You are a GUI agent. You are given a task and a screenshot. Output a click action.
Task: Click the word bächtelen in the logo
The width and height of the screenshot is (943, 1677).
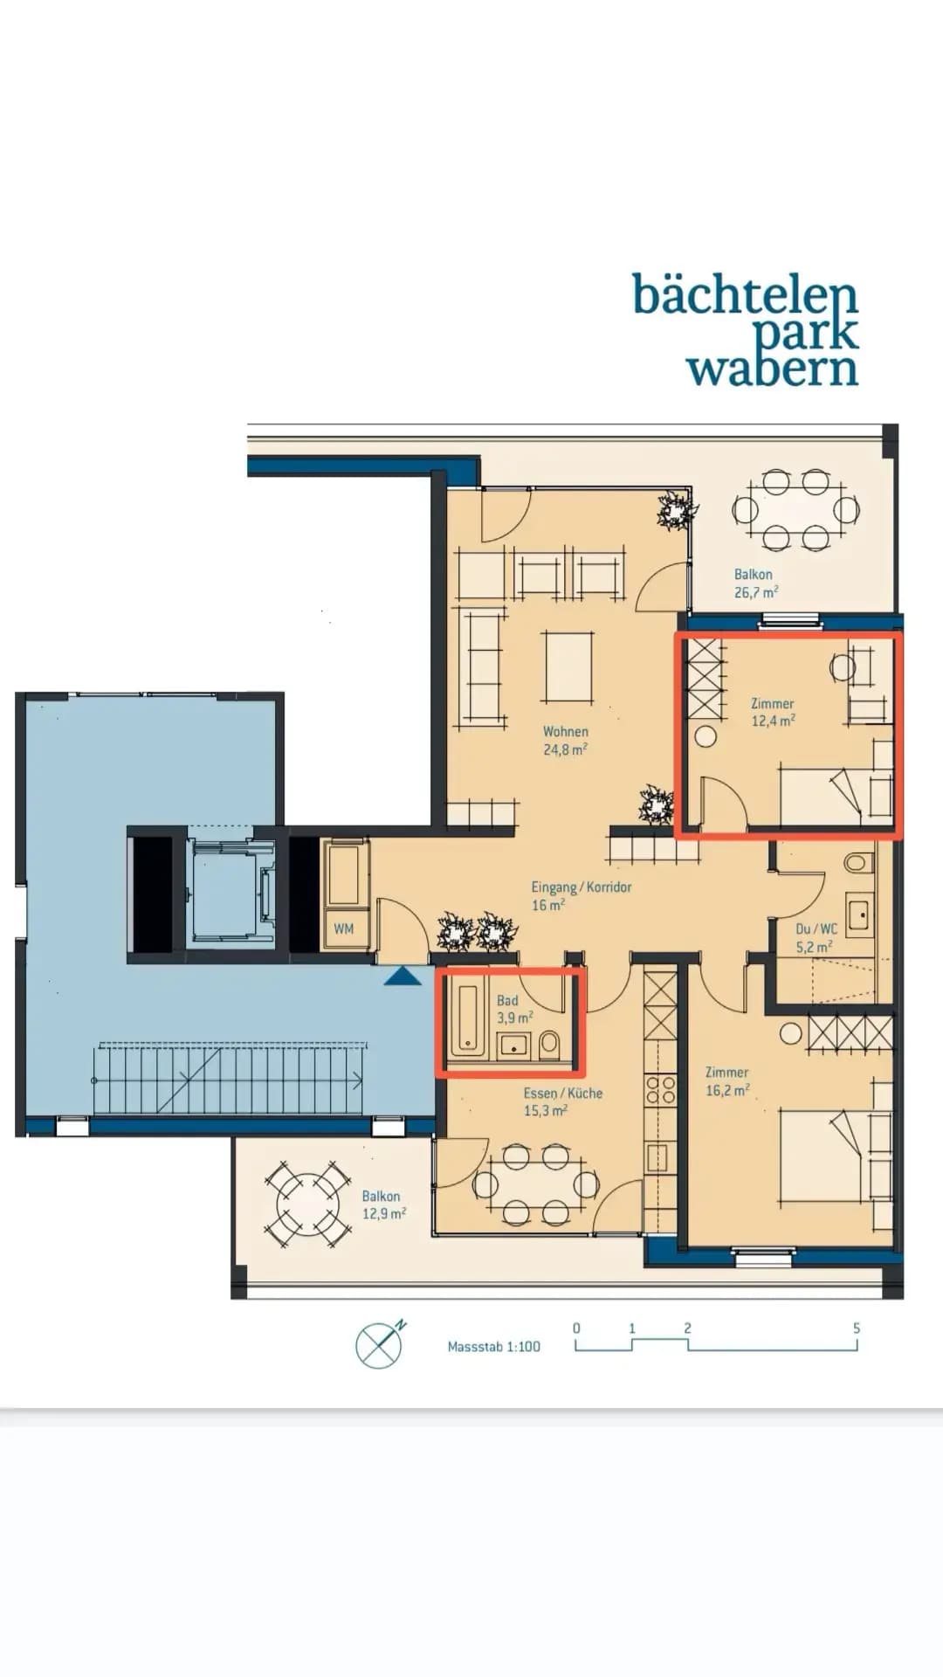(x=745, y=295)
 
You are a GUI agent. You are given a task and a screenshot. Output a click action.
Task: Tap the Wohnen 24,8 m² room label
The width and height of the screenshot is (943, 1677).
(x=566, y=741)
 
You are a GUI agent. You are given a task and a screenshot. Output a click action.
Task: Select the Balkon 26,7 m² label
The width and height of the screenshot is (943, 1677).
(x=756, y=583)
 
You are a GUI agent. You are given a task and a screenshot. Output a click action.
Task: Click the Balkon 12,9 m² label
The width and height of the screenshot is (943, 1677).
(x=384, y=1205)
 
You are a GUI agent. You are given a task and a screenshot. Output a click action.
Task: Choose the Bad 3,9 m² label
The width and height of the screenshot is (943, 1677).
(x=515, y=1010)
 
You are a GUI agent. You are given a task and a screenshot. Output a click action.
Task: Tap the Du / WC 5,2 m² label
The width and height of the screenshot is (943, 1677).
(x=816, y=937)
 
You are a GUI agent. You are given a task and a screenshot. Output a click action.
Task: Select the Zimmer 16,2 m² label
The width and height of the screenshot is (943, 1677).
(x=727, y=1081)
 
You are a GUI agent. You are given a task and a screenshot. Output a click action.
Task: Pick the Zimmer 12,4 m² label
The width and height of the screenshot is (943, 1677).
(x=774, y=713)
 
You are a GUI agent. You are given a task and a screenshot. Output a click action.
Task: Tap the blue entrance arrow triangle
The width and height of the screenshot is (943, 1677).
(x=403, y=976)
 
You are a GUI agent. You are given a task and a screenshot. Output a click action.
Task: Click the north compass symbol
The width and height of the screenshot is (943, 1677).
(x=380, y=1344)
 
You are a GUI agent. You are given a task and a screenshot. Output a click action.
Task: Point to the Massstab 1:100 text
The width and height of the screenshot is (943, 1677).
(x=494, y=1347)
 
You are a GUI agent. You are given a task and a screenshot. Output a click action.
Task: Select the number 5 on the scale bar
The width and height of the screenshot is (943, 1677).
(x=857, y=1328)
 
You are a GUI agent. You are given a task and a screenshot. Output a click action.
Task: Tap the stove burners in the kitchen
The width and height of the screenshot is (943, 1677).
(x=661, y=1091)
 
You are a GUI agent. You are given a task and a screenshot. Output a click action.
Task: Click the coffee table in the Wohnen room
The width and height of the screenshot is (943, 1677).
(x=568, y=667)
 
